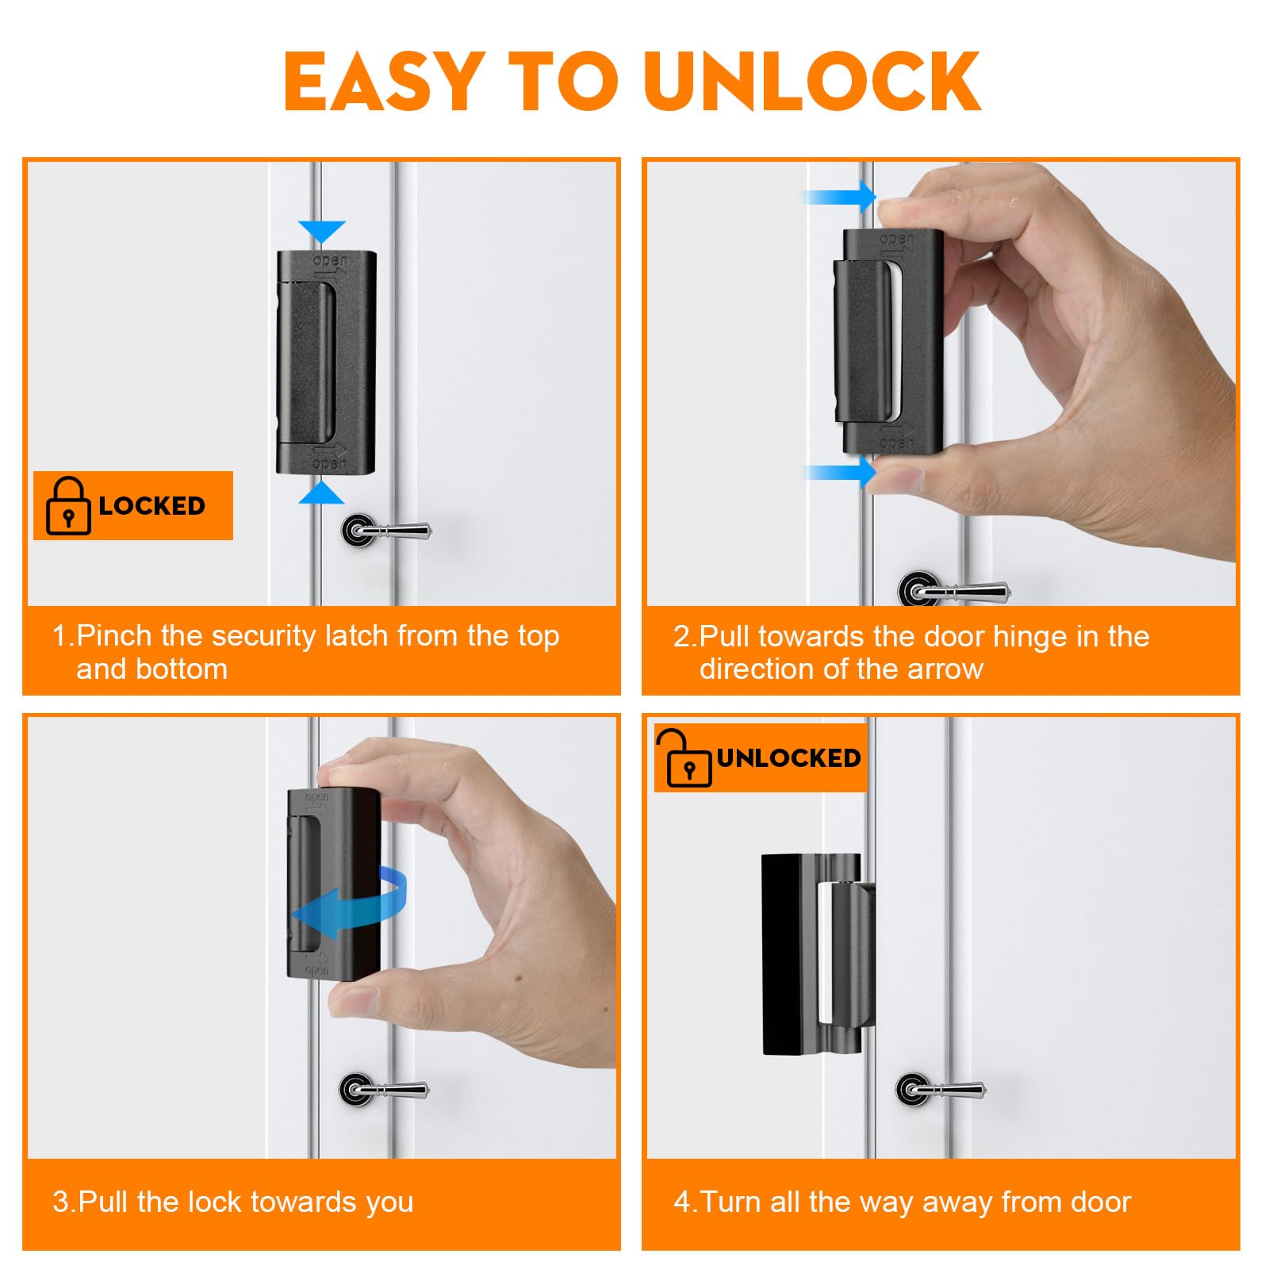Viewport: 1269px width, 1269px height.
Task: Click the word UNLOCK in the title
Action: (x=813, y=81)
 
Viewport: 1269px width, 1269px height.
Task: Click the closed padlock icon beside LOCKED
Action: (x=68, y=506)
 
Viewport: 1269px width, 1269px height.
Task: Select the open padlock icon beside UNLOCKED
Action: (x=684, y=758)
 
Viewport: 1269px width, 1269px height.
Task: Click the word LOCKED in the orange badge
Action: (x=151, y=506)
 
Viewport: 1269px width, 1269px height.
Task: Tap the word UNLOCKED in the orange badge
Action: (x=788, y=758)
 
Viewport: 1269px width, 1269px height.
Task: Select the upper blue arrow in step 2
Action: (x=842, y=196)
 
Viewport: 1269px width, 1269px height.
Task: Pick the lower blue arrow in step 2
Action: (x=842, y=473)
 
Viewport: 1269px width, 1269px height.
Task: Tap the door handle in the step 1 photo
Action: (x=385, y=529)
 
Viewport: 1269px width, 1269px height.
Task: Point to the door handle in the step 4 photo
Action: (x=940, y=1089)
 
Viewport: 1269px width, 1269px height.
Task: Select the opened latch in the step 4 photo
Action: (x=818, y=954)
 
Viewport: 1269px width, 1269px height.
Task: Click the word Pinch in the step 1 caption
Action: (x=114, y=636)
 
